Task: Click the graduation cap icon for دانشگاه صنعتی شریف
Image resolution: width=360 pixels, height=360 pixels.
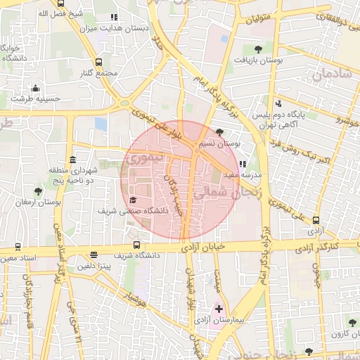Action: tap(133, 200)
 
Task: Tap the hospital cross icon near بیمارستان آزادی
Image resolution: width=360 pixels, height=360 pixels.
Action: tap(219, 309)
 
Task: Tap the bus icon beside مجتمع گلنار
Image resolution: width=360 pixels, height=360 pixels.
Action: tap(98, 62)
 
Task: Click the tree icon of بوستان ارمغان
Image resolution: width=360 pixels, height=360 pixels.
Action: tap(38, 191)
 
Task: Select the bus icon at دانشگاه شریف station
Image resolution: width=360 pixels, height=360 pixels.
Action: tap(136, 246)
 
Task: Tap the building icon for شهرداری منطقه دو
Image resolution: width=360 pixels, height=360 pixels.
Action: tap(73, 159)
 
